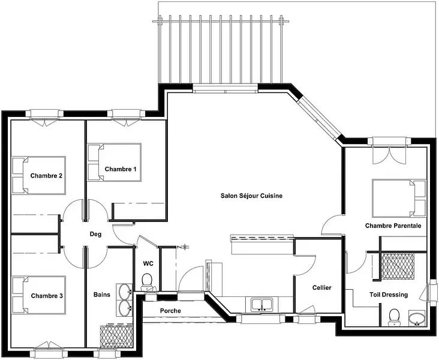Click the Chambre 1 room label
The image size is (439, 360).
coord(121,169)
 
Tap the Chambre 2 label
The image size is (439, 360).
coord(46,176)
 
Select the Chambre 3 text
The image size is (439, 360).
coord(47,296)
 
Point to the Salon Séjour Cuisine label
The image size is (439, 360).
coord(251,196)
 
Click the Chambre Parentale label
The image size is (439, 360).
coord(393,226)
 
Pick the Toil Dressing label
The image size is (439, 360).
coord(389,295)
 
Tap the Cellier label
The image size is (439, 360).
coord(321,288)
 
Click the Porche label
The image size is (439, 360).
coord(170,311)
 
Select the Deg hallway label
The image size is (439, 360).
coord(95,234)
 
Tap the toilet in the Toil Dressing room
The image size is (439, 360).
coord(395,317)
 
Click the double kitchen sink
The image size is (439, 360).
coord(261,305)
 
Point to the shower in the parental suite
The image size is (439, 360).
coord(398,266)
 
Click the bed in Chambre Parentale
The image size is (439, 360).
coord(399,198)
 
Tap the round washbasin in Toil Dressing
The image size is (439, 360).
coord(417,319)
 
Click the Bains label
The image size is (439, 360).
coord(101,295)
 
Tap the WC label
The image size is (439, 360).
coord(148,263)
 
